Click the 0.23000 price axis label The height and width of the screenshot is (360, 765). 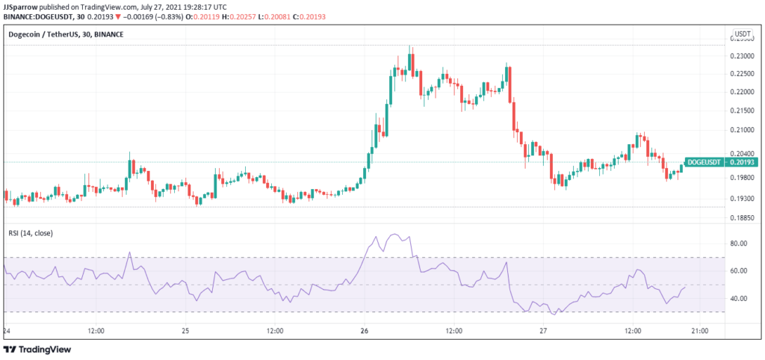(742, 57)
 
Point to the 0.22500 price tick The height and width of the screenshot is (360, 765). (742, 74)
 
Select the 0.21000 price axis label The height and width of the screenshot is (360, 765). (742, 130)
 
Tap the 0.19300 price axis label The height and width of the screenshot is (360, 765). (742, 199)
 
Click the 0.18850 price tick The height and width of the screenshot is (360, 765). (742, 219)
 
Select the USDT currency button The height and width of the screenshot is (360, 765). (743, 34)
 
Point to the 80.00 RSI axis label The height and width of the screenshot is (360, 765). (740, 243)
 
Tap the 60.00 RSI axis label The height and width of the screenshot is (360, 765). (740, 271)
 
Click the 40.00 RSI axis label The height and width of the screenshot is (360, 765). (740, 299)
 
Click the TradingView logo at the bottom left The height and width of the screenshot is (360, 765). (36, 350)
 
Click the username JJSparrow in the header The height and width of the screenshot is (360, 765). (21, 5)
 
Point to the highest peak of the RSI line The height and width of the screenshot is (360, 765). (395, 235)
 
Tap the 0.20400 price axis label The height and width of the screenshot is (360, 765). (742, 153)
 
